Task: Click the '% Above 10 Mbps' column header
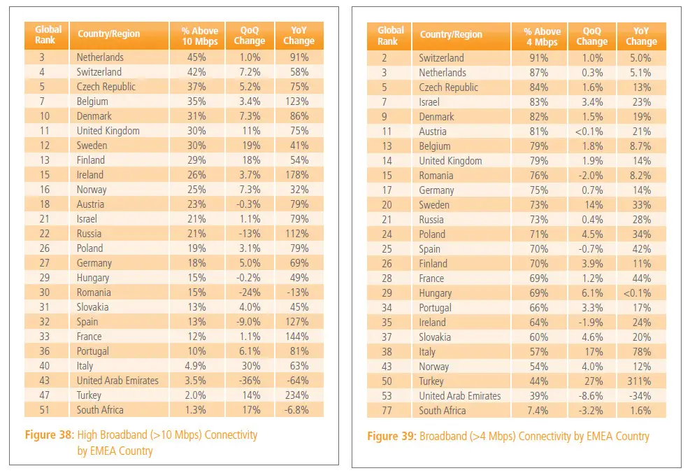click(200, 36)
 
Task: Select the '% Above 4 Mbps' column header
click(542, 36)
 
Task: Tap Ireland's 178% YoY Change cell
click(297, 175)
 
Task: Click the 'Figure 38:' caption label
click(49, 435)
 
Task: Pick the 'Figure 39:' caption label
click(391, 436)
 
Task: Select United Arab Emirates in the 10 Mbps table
click(117, 381)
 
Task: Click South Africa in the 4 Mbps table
click(443, 411)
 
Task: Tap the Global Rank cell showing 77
click(387, 411)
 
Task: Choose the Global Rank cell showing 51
click(45, 410)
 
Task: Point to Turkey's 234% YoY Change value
click(297, 395)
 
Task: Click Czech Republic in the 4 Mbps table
click(448, 87)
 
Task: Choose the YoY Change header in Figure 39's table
click(641, 36)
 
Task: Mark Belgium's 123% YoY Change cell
click(297, 101)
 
